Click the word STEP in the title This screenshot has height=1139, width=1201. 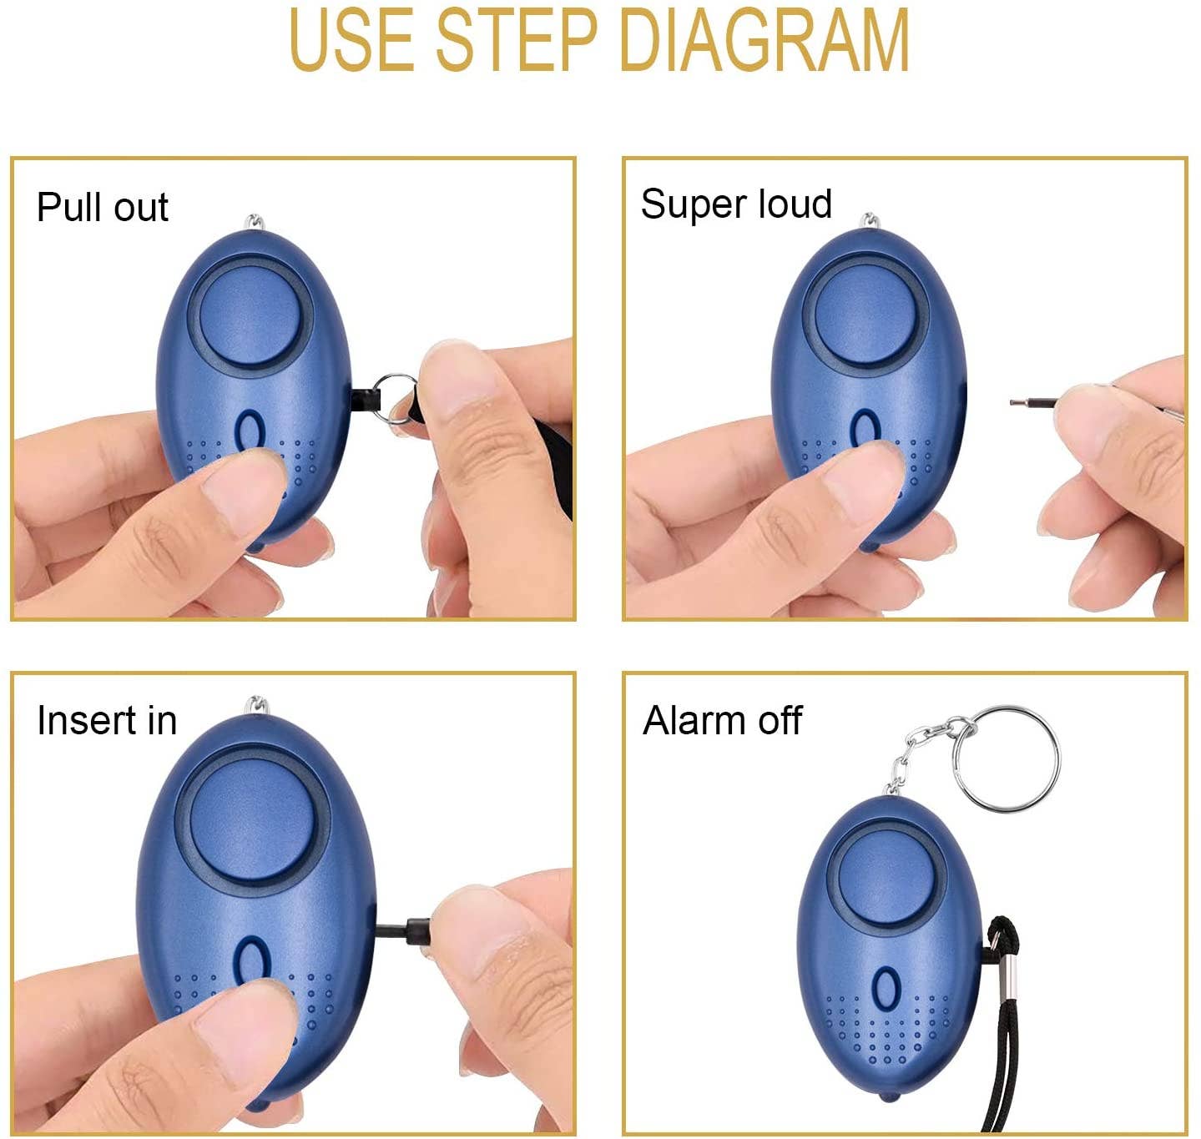pos(517,39)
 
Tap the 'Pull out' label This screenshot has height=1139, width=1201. pos(102,207)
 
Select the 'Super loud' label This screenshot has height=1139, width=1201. pos(736,204)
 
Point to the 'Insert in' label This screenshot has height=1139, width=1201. pos(107,720)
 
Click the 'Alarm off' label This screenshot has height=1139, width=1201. pos(722,720)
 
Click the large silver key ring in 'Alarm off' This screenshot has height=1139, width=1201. pos(1007,758)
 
